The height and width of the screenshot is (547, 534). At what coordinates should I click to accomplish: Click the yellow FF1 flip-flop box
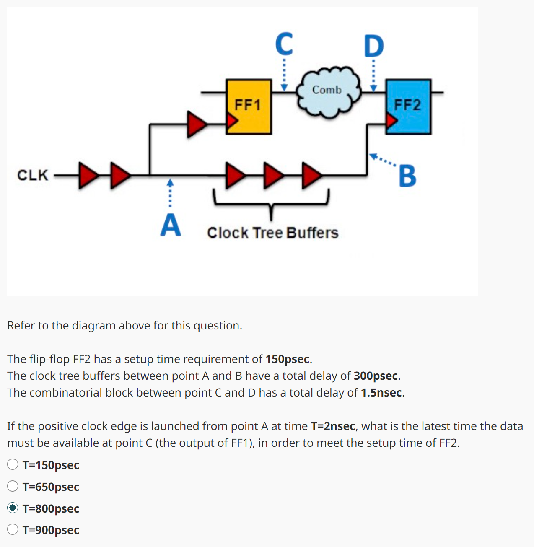click(249, 106)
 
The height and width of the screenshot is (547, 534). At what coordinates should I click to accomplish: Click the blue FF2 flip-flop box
click(408, 106)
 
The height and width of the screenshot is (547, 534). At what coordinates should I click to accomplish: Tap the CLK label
click(33, 175)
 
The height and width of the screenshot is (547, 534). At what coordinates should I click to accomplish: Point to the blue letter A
click(171, 225)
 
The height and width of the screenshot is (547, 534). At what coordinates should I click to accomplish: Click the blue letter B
click(407, 176)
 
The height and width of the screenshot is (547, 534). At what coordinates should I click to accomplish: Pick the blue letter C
click(284, 44)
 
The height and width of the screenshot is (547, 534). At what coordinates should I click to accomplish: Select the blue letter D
click(373, 46)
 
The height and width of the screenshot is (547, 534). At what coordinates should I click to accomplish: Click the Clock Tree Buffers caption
click(272, 233)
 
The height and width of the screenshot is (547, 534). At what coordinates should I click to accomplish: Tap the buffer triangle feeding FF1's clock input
click(196, 124)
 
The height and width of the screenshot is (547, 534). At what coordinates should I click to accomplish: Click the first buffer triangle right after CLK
click(87, 175)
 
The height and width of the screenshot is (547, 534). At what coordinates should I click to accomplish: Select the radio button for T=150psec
click(13, 464)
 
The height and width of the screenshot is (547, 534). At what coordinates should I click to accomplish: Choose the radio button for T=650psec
click(13, 486)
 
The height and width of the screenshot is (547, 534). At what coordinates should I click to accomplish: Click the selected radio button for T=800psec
click(13, 508)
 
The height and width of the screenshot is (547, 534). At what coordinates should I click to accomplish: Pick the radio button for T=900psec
click(13, 529)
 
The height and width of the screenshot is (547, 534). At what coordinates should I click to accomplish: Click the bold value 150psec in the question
click(288, 359)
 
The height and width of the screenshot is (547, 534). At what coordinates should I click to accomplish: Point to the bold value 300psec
click(376, 376)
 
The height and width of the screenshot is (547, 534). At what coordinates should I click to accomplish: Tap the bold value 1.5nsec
click(381, 393)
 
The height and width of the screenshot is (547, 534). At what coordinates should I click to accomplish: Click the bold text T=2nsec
click(333, 426)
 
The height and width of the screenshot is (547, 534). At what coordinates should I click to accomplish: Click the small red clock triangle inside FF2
click(391, 121)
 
